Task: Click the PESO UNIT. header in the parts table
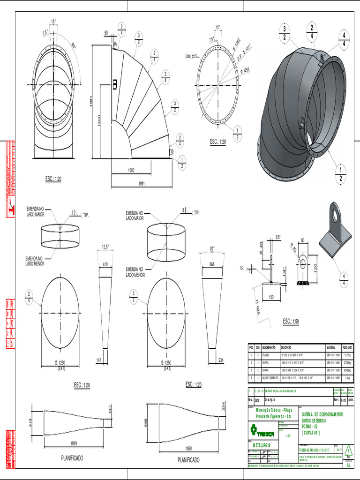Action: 347,347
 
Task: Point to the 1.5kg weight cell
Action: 347,377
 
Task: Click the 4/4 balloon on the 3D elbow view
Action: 344,39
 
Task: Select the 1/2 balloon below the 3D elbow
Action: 340,173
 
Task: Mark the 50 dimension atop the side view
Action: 106,33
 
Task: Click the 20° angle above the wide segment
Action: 212,249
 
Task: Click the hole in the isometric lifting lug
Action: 336,216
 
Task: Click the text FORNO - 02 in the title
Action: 313,426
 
